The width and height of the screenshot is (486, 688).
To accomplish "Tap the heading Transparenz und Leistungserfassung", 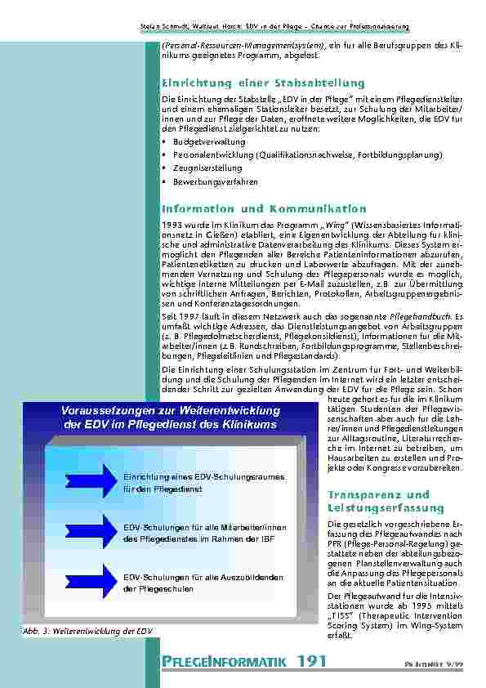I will [x=378, y=501].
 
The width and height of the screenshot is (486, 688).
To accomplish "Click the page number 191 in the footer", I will [x=312, y=660].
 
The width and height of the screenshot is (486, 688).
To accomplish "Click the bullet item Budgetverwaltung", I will [x=207, y=141].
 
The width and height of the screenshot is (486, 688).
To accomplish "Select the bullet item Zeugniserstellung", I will [x=207, y=168].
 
